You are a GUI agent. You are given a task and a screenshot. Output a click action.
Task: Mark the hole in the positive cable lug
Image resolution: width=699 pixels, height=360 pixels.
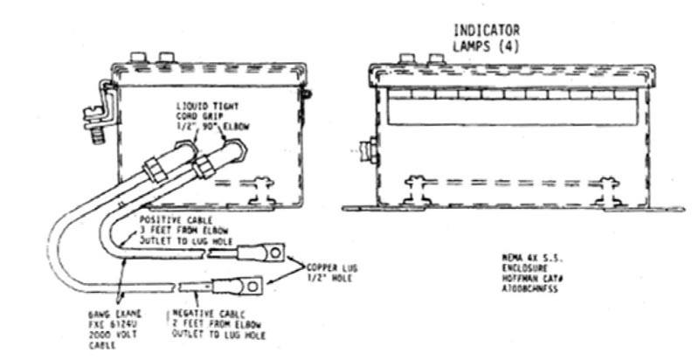274,253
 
